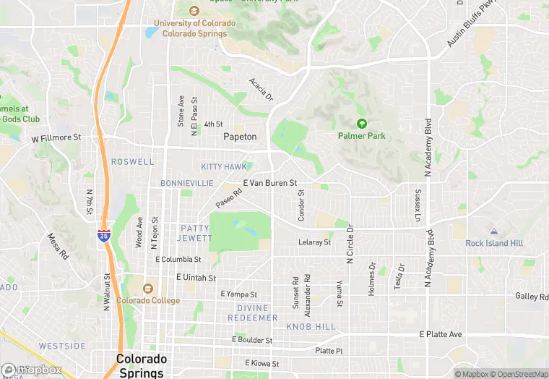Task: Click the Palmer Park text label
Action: (362, 136)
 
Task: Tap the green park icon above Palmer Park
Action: (362, 124)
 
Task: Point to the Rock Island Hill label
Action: (494, 244)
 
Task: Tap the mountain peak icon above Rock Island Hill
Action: (494, 231)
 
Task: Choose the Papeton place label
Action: (240, 137)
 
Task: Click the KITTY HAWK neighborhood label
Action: (224, 167)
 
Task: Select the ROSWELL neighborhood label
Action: (133, 162)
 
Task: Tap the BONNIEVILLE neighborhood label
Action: (187, 183)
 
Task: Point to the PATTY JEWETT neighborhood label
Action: (194, 233)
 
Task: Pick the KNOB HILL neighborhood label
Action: (311, 327)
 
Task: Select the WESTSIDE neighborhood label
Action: (62, 346)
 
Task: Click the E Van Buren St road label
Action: (270, 184)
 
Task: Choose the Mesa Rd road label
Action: (58, 246)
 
